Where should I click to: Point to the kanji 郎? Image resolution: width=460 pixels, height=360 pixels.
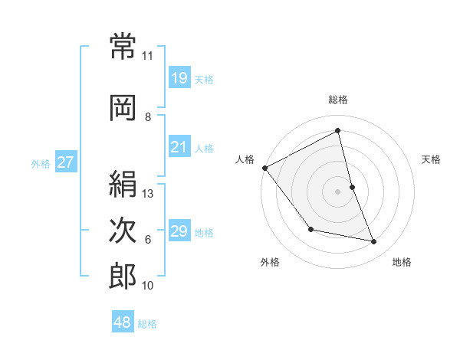(123, 276)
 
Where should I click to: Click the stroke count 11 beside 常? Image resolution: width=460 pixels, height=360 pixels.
(147, 56)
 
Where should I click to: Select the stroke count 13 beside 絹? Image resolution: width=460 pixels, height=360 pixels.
(149, 194)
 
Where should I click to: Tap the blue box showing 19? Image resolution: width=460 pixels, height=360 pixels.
(179, 77)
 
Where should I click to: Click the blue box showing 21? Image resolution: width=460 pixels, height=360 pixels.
(179, 147)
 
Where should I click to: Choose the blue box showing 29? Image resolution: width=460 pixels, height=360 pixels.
(179, 231)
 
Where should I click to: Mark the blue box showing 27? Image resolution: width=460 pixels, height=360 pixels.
(65, 162)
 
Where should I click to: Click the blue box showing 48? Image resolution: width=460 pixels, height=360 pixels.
(122, 322)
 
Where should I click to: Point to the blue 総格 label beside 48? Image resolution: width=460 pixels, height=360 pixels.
(147, 324)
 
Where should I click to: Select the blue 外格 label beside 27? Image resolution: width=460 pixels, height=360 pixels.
(41, 163)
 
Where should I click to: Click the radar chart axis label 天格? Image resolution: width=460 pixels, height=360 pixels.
(432, 159)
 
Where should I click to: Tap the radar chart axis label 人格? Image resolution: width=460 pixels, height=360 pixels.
(245, 159)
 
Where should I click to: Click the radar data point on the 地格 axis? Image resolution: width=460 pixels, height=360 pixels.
(374, 242)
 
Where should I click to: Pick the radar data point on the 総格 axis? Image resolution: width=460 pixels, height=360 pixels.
(338, 131)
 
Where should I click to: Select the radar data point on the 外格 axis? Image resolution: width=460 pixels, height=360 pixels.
(310, 229)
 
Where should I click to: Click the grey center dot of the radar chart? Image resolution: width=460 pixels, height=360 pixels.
(338, 191)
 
